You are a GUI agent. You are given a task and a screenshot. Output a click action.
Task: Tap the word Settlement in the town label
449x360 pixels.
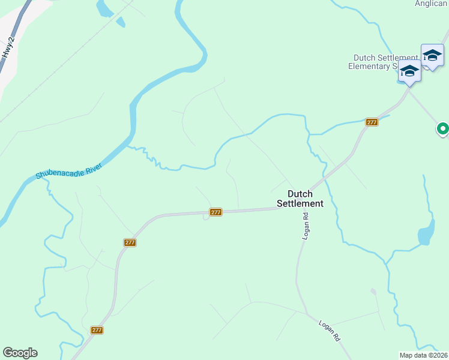300,203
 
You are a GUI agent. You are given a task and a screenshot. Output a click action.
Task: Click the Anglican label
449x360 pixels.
431,4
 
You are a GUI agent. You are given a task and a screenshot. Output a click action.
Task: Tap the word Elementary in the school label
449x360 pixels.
369,67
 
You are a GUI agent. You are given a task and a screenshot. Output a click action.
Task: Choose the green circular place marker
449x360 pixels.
443,128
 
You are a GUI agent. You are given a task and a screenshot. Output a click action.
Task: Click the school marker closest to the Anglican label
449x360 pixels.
432,56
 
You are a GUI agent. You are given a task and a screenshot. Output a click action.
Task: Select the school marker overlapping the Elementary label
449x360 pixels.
409,71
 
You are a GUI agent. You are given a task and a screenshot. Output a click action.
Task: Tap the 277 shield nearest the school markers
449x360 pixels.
372,122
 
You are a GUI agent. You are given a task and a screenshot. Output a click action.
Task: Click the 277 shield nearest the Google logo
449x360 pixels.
97,330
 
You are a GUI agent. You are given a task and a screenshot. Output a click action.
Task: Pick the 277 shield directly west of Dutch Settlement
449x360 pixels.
216,212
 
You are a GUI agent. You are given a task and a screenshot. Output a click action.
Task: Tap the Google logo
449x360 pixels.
20,353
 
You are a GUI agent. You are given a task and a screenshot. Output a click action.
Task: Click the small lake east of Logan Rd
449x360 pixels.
426,233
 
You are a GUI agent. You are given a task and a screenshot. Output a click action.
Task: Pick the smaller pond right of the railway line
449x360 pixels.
121,22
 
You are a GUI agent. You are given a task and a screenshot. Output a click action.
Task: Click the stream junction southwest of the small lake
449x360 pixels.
387,263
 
